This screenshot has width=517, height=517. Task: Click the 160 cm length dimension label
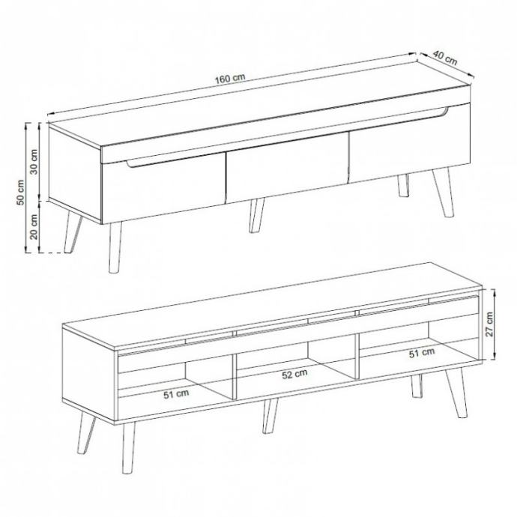(230, 79)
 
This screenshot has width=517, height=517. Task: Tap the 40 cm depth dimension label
(445, 58)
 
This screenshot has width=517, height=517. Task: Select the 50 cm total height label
(20, 193)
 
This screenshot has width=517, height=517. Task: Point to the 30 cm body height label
(34, 162)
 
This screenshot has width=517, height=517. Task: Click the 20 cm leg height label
(34, 226)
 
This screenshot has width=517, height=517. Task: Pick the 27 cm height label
(489, 324)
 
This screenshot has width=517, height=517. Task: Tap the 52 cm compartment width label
(294, 374)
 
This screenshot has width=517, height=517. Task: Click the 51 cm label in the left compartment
(176, 393)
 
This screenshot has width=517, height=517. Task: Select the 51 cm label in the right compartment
(422, 353)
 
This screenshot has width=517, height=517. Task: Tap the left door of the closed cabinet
(163, 188)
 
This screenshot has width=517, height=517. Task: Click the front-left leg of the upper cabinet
(115, 247)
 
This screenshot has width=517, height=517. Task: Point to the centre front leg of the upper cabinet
(256, 216)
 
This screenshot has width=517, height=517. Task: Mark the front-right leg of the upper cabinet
(444, 193)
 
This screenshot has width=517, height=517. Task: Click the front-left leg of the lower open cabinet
(128, 448)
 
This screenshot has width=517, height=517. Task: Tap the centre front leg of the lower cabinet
(270, 415)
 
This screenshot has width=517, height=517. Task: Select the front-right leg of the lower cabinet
(456, 393)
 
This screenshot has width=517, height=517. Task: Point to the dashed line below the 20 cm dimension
(52, 253)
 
